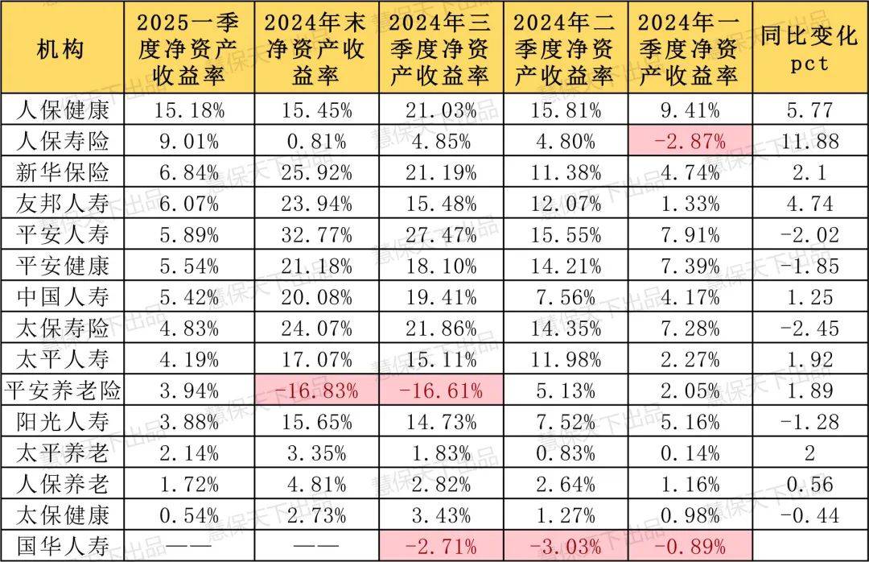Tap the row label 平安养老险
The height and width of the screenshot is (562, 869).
click(x=63, y=391)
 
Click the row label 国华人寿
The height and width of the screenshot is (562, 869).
click(x=63, y=545)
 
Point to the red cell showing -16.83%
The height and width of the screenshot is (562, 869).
click(x=316, y=391)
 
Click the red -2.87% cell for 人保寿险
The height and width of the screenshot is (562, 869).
click(x=690, y=142)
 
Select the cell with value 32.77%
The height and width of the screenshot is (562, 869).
click(x=316, y=235)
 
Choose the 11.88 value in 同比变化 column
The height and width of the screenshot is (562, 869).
click(x=809, y=142)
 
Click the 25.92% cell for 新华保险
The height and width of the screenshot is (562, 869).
click(x=316, y=173)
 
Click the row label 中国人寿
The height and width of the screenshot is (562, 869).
click(x=63, y=298)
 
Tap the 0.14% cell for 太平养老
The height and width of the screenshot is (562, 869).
click(x=690, y=453)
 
